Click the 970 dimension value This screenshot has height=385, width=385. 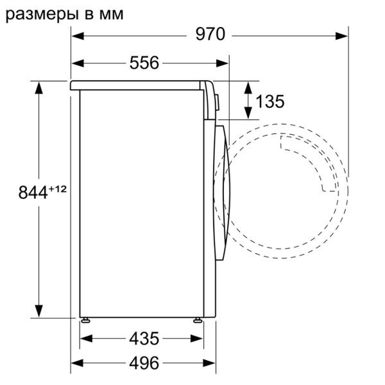210,34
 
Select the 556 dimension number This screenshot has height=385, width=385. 144,63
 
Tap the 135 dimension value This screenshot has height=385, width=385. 270,101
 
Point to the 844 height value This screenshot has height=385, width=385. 33,193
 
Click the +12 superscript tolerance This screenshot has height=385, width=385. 58,189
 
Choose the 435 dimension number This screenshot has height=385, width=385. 144,339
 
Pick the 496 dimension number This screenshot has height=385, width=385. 144,363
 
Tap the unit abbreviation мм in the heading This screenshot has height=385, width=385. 111,15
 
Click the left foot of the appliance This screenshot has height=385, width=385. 85,320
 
